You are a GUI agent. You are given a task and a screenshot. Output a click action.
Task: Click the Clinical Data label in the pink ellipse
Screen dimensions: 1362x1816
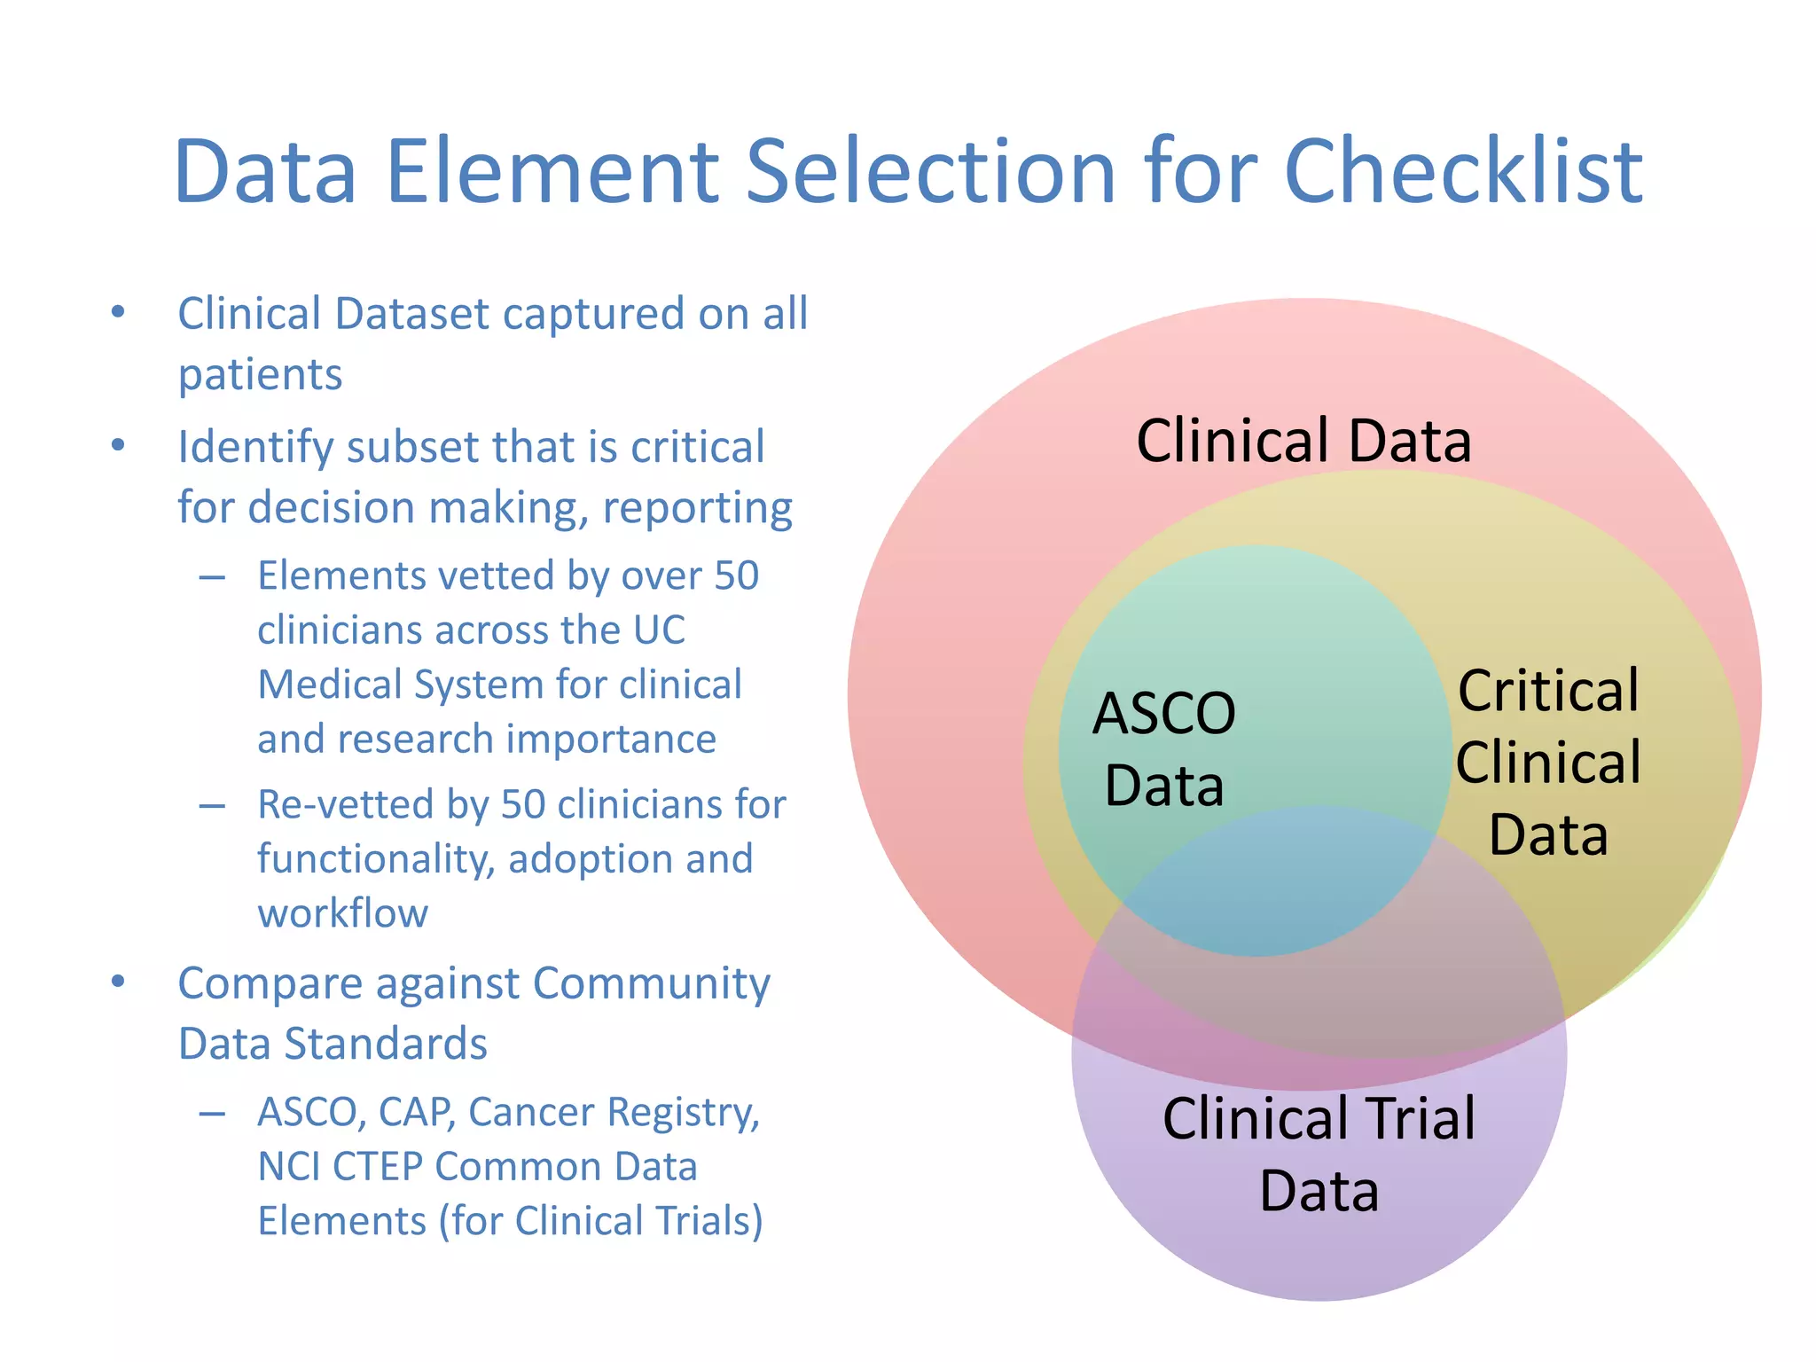click(x=1303, y=441)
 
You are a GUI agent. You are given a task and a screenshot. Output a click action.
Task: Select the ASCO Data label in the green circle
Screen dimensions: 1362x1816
click(x=1163, y=749)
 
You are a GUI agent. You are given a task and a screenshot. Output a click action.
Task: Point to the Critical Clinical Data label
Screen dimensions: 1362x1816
click(x=1548, y=763)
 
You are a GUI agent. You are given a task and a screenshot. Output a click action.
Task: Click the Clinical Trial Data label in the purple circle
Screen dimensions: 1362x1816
click(x=1319, y=1154)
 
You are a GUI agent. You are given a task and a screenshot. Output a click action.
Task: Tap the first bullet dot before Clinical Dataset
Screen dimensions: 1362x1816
click(x=118, y=312)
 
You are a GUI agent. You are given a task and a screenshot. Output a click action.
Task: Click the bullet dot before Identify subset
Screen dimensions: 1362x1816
click(x=118, y=445)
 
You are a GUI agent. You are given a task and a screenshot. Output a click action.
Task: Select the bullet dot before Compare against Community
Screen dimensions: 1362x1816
click(x=118, y=982)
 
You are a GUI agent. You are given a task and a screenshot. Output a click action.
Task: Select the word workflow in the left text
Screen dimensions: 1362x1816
click(x=342, y=913)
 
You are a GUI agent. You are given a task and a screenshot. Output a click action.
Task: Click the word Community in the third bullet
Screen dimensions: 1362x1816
click(x=652, y=983)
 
